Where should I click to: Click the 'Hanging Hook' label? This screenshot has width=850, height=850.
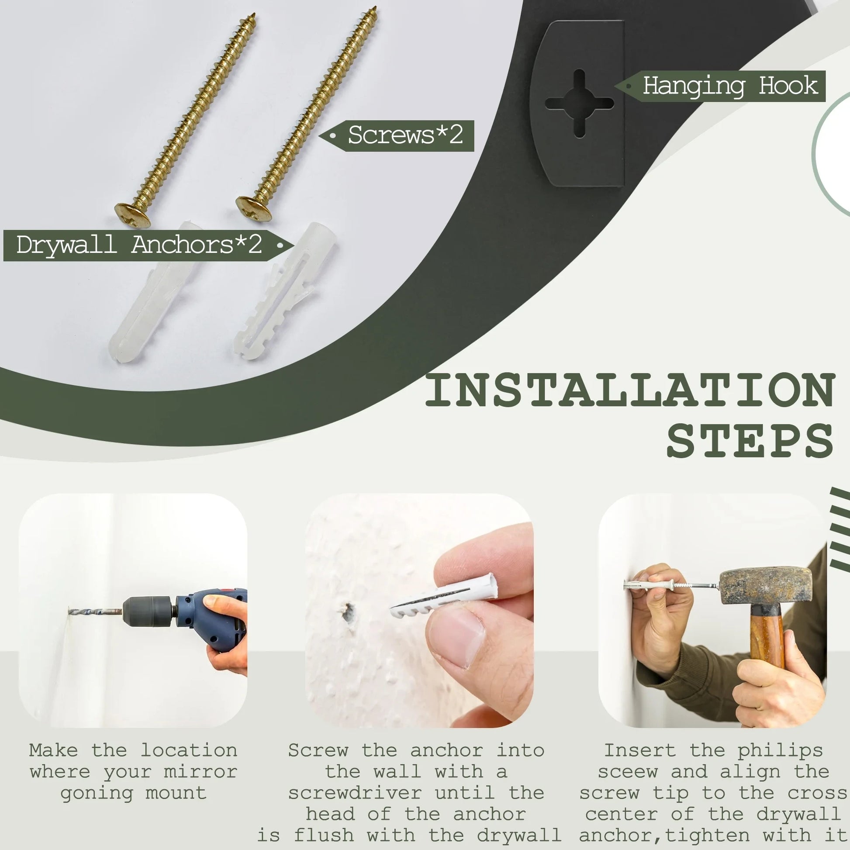click(x=730, y=86)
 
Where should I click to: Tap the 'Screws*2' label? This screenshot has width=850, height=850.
click(x=405, y=135)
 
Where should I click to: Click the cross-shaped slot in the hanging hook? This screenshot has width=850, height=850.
click(x=579, y=104)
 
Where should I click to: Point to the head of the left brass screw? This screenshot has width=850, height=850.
click(x=132, y=214)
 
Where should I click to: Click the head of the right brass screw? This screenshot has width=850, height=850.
click(x=253, y=207)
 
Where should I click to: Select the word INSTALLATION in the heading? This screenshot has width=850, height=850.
click(x=630, y=390)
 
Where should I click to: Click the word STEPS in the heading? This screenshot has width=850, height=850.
click(x=750, y=440)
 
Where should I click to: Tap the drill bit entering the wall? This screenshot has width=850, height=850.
click(x=95, y=612)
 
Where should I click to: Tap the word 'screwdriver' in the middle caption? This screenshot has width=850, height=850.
click(x=355, y=793)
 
